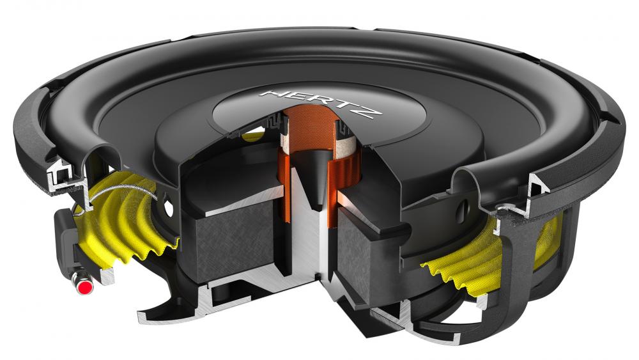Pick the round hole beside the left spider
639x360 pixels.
(169, 208)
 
